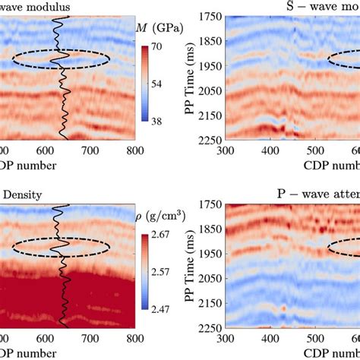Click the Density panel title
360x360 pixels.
23,194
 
